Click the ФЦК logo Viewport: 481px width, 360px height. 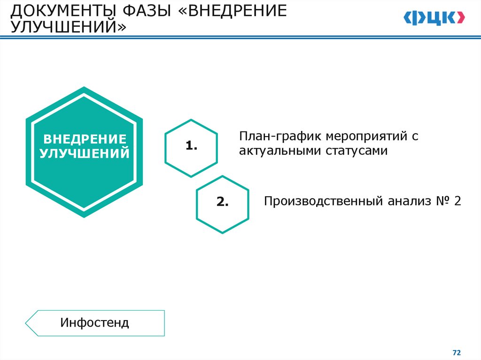click(x=434, y=18)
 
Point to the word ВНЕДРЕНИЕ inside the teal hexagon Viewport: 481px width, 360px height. click(x=85, y=139)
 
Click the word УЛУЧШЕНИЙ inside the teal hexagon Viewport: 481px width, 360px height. click(x=85, y=153)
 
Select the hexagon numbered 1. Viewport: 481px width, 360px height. click(x=191, y=148)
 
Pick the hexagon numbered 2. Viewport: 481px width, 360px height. click(x=222, y=204)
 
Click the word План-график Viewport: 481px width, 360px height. click(x=272, y=137)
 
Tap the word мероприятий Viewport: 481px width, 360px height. click(x=357, y=137)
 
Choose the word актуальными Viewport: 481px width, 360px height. click(x=277, y=151)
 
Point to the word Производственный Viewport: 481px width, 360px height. click(x=324, y=201)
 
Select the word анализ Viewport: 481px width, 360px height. click(x=408, y=201)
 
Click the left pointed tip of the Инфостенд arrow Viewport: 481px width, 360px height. click(x=26, y=323)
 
